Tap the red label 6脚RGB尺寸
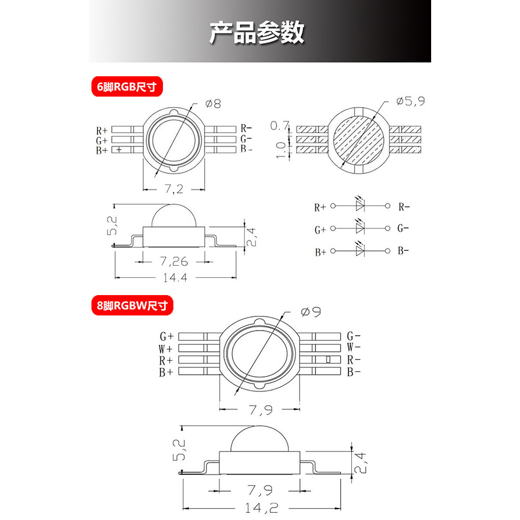click(x=127, y=87)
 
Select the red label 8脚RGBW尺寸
click(x=132, y=306)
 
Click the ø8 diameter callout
click(x=213, y=104)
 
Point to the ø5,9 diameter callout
click(x=410, y=101)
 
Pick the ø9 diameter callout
click(x=311, y=312)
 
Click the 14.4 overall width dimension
click(x=174, y=278)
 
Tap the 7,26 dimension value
click(x=174, y=262)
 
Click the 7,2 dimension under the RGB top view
click(x=174, y=189)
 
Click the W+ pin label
click(x=167, y=349)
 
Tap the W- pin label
click(x=354, y=348)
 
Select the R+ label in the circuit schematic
click(x=320, y=207)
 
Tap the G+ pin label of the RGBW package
click(x=167, y=336)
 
